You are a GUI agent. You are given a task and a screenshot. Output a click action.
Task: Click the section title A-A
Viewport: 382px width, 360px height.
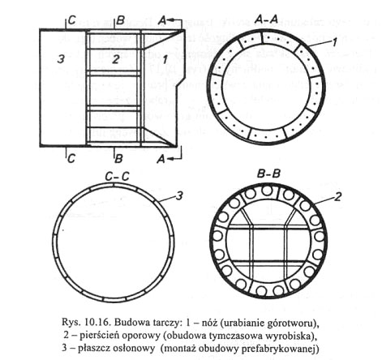(266, 19)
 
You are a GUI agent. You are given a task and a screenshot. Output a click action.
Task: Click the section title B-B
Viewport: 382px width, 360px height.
(268, 174)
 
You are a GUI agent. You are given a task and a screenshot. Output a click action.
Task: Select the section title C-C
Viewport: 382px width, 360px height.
(117, 177)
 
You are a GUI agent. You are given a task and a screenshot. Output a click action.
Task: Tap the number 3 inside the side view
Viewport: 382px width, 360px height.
(61, 58)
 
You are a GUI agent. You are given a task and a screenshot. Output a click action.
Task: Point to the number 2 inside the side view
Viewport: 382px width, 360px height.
(116, 59)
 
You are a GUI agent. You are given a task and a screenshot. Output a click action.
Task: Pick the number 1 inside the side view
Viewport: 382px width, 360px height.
(165, 60)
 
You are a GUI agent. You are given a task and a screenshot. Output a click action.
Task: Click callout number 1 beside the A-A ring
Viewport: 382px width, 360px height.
(334, 42)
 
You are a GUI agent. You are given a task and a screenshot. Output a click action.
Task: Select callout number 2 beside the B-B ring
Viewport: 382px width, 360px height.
(337, 197)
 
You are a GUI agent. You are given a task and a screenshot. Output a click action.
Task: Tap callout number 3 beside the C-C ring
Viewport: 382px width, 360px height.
(179, 196)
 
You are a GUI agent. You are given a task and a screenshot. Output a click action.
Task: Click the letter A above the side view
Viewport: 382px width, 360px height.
(162, 21)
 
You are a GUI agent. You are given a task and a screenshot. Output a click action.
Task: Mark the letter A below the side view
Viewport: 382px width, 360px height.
(161, 159)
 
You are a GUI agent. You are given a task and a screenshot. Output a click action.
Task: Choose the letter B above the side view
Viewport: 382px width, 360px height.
(121, 21)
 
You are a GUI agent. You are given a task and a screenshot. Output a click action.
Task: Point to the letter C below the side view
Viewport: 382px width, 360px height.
(71, 158)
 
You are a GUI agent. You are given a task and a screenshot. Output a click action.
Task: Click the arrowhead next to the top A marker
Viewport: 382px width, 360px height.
(170, 20)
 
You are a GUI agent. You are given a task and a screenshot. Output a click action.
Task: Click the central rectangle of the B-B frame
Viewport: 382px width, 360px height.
(269, 245)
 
